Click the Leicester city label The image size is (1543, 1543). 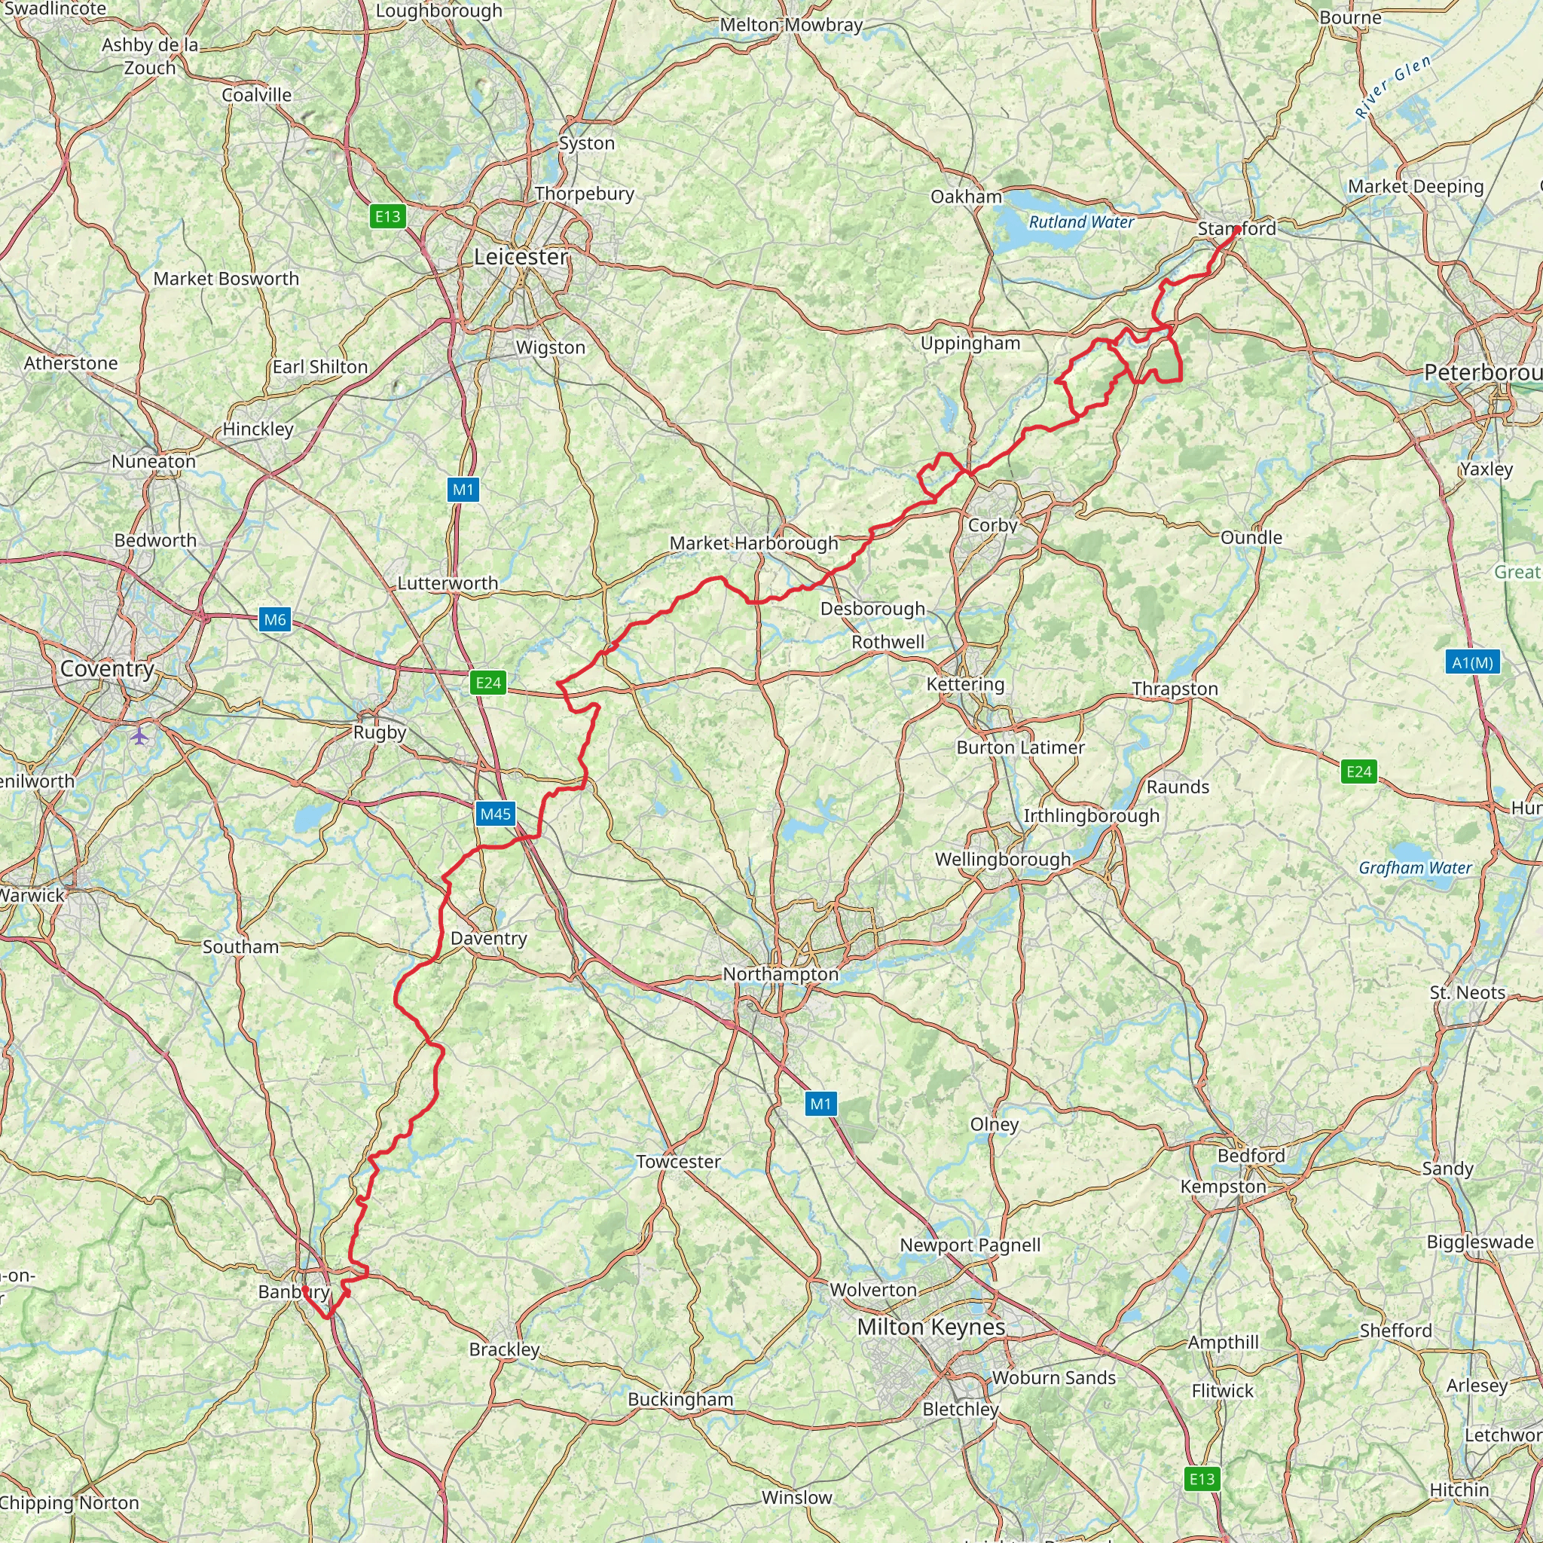tap(521, 256)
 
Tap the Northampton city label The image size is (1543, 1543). tap(781, 974)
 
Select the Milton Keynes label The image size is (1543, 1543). tap(930, 1327)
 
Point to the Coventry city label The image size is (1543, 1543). tap(107, 668)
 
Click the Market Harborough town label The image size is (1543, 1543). tap(753, 543)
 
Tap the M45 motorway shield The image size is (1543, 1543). tap(495, 814)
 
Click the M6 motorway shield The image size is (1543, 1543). tap(275, 619)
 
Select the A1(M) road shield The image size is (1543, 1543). tap(1472, 662)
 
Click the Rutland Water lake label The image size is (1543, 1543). tap(1080, 222)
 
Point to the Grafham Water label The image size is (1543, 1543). tap(1414, 867)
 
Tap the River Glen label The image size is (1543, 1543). tap(1394, 86)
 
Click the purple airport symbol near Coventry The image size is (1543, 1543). tap(141, 735)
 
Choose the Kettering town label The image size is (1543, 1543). tap(965, 683)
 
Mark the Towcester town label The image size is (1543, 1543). tap(678, 1161)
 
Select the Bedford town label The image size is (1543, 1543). tap(1251, 1155)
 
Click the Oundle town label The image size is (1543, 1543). tap(1251, 537)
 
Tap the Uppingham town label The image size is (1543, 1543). tap(970, 344)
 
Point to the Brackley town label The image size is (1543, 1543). tap(504, 1349)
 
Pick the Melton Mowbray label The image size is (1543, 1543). tap(790, 25)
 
